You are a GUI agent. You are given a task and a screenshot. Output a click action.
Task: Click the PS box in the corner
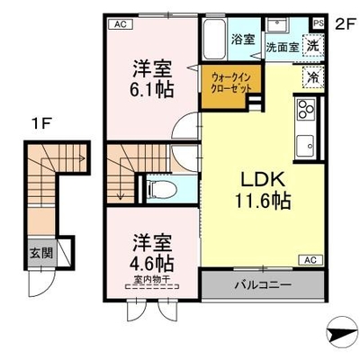pyautogui.click(x=319, y=23)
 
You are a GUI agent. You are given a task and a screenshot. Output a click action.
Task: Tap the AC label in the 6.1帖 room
pyautogui.click(x=121, y=24)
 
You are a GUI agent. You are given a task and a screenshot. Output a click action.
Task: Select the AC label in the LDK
pyautogui.click(x=310, y=260)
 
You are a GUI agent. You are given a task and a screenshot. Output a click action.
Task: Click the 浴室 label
pyautogui.click(x=243, y=40)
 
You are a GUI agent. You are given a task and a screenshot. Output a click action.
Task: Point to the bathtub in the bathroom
pyautogui.click(x=214, y=40)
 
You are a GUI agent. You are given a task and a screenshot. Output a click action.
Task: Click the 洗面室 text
pyautogui.click(x=283, y=47)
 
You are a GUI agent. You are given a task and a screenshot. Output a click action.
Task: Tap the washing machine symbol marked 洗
pyautogui.click(x=313, y=46)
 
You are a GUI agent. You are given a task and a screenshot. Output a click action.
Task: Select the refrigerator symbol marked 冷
pyautogui.click(x=313, y=77)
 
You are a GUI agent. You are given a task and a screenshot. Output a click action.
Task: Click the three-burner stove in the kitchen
pyautogui.click(x=306, y=110)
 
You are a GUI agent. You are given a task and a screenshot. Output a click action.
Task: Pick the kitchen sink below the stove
pyautogui.click(x=305, y=146)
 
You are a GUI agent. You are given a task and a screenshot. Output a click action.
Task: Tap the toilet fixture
pyautogui.click(x=162, y=189)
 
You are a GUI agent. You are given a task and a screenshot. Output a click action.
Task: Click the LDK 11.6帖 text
pyautogui.click(x=263, y=192)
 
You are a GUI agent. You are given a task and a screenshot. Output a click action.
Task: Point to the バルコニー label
pyautogui.click(x=263, y=284)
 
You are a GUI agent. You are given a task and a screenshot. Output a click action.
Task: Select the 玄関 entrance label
pyautogui.click(x=41, y=254)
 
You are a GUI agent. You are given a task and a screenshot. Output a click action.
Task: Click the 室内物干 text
pyautogui.click(x=152, y=279)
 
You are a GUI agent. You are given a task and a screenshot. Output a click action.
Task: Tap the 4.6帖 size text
pyautogui.click(x=152, y=263)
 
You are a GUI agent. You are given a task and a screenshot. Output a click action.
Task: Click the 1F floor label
pyautogui.click(x=41, y=123)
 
